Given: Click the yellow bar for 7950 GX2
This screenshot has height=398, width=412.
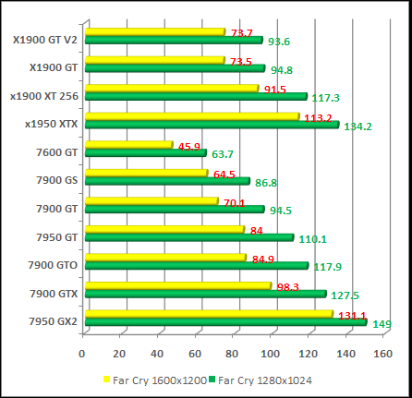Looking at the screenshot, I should (208, 314).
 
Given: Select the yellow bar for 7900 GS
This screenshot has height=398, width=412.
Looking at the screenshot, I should (146, 173).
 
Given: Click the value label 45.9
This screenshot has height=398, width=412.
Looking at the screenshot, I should (190, 147).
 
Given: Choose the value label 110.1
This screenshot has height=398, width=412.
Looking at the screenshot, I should (312, 239).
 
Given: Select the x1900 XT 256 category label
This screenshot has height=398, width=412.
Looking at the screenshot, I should (43, 95).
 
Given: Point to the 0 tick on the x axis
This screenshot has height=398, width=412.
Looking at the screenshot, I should (83, 353).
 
